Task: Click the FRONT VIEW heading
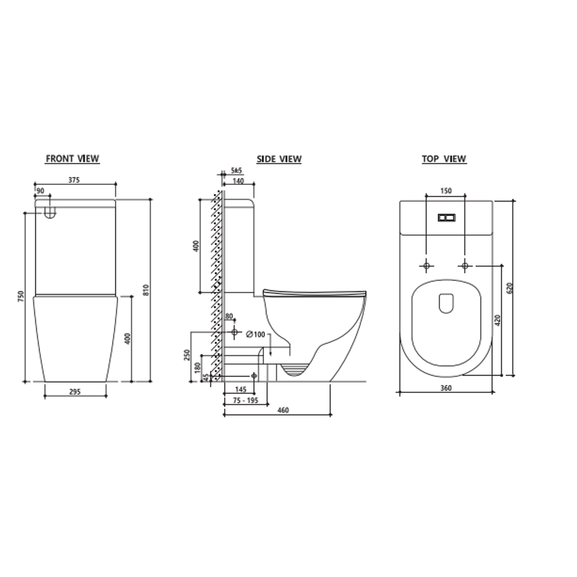(72, 159)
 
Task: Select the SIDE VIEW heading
(279, 159)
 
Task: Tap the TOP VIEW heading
(444, 159)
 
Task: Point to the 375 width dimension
(74, 180)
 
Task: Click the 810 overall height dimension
(146, 290)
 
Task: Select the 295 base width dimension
(75, 392)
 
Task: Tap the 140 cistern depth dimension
(238, 181)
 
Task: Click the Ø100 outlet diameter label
(256, 334)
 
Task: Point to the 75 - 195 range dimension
(246, 401)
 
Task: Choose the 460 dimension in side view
(283, 410)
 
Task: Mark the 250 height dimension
(187, 355)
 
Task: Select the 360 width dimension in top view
(446, 388)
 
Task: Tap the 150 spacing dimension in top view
(446, 191)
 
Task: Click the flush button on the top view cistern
(447, 217)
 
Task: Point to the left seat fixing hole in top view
(426, 265)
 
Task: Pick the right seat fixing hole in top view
(465, 265)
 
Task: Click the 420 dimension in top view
(497, 320)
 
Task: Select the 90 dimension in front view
(41, 191)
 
